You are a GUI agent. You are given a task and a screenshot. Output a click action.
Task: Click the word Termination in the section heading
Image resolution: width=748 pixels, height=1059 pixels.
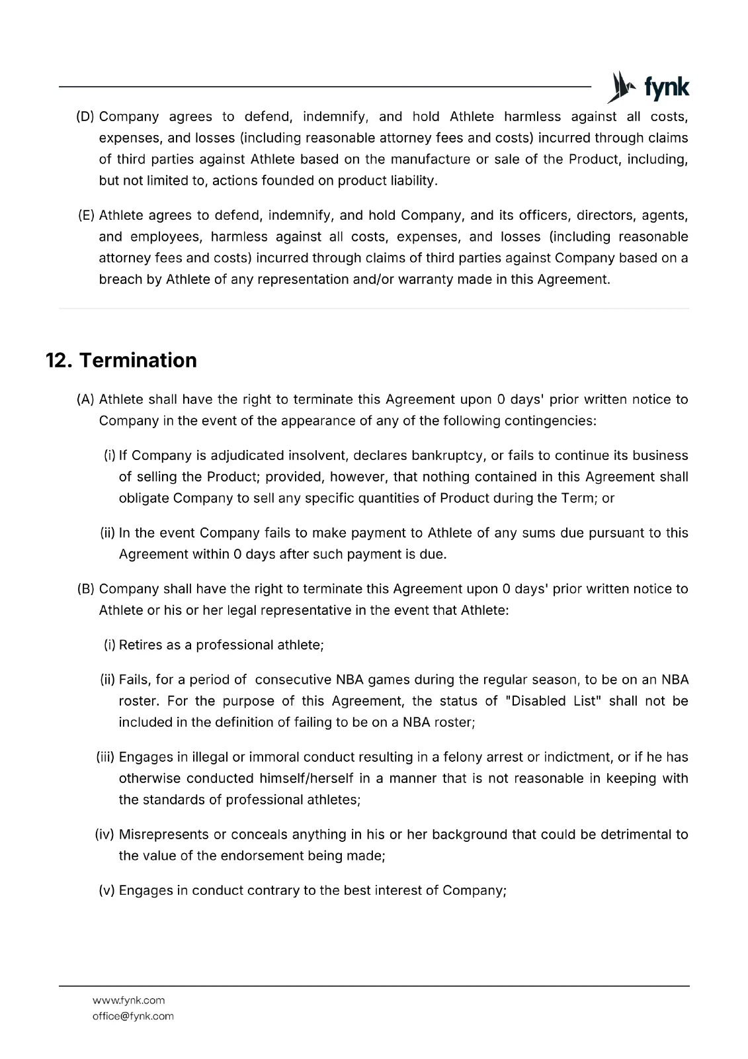tap(138, 360)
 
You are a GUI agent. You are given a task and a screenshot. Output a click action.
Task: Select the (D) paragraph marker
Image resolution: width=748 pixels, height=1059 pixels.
tap(85, 117)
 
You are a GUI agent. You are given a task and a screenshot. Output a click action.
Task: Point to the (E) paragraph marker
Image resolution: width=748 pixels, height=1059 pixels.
tap(86, 216)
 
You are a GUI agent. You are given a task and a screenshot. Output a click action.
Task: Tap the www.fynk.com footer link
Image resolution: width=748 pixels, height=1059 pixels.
tap(129, 1000)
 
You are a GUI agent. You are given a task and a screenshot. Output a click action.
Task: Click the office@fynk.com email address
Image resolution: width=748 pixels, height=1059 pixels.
tap(133, 1016)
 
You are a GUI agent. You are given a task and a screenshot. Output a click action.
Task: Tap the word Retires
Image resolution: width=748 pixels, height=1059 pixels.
tap(141, 645)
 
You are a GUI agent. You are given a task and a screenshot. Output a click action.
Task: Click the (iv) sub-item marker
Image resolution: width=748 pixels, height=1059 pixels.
tap(105, 835)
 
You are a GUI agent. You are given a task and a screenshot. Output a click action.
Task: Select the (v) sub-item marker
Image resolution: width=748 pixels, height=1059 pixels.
tap(107, 891)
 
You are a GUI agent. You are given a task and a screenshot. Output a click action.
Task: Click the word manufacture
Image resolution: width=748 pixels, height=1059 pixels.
tap(430, 160)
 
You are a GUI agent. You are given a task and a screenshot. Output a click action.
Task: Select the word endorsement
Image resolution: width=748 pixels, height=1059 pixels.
tap(261, 856)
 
